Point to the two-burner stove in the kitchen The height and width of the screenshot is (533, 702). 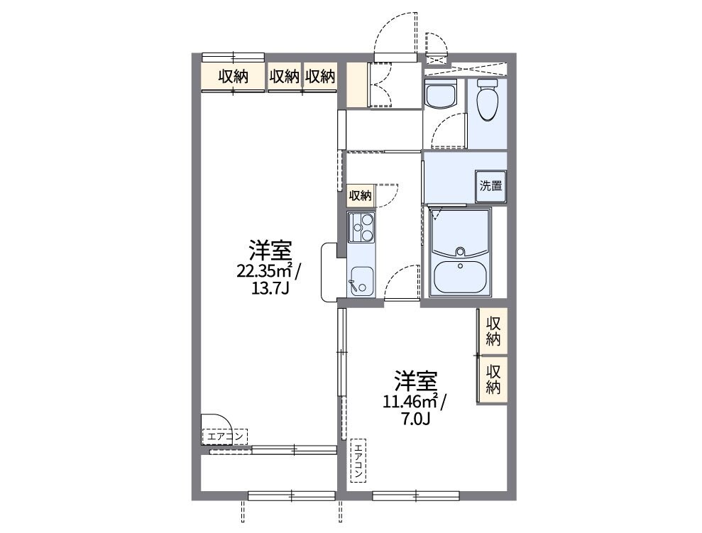tap(361, 227)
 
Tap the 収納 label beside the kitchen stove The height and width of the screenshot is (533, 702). tap(360, 195)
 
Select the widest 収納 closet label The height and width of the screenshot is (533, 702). tap(233, 77)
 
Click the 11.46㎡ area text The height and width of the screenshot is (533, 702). tap(411, 402)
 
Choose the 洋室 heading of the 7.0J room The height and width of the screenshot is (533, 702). tap(416, 381)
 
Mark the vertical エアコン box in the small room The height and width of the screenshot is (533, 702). tap(358, 459)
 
